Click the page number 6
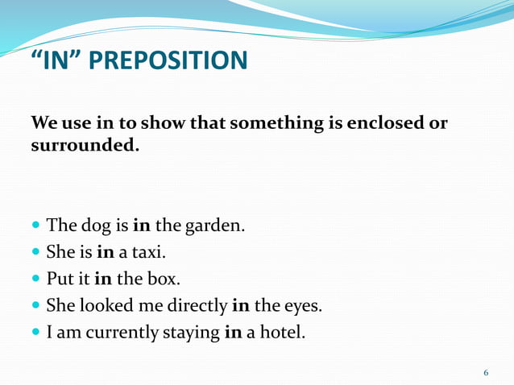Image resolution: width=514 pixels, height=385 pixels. [x=486, y=372]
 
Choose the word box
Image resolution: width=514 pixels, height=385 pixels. [x=164, y=279]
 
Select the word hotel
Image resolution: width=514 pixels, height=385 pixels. [x=281, y=332]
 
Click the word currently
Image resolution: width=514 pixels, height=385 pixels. [x=120, y=332]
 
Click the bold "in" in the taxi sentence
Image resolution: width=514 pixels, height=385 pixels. [x=106, y=252]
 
